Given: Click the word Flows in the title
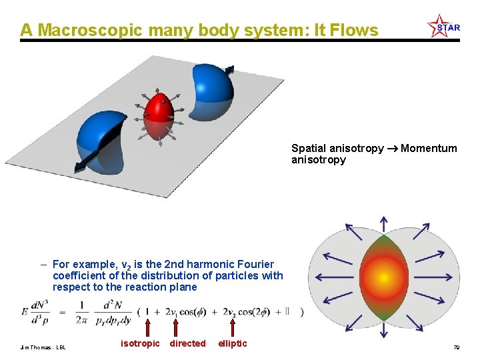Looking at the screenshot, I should [353, 31].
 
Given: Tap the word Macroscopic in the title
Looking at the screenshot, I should [91, 31].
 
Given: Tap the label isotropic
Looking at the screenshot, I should [140, 343].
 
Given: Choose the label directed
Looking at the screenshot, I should [188, 343].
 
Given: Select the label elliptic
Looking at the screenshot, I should [233, 343].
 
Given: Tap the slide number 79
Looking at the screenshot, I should [456, 347].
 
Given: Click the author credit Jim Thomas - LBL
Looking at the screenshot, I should [43, 347].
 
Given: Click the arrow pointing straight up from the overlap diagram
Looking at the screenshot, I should [383, 224].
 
